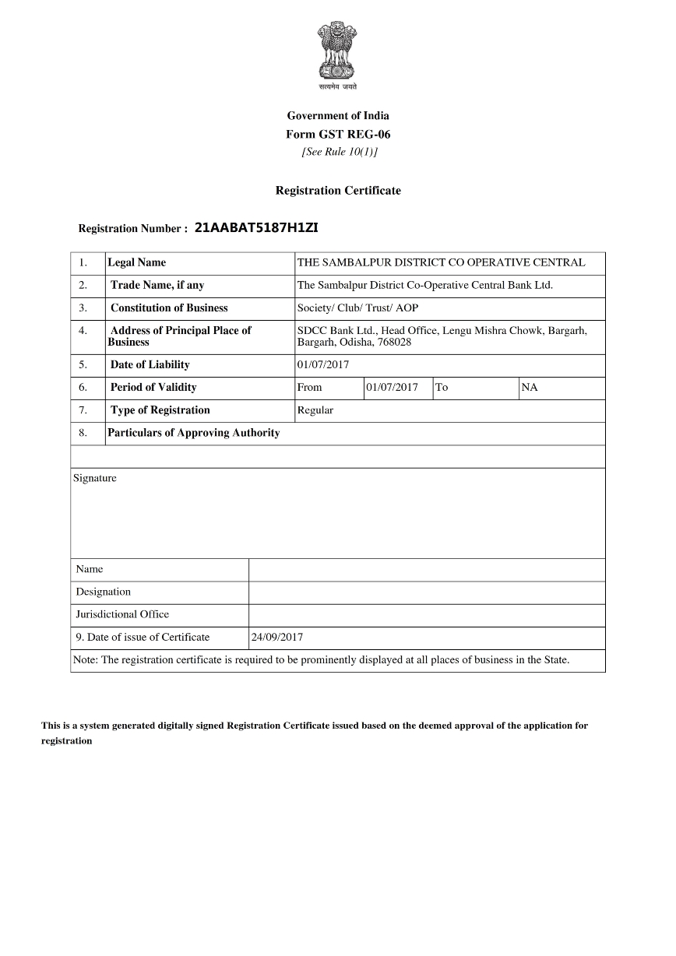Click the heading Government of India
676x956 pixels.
click(338, 116)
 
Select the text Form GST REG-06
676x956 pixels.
click(338, 134)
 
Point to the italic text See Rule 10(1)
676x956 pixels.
click(339, 152)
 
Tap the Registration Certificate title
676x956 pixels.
click(338, 191)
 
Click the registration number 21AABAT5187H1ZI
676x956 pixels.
click(256, 228)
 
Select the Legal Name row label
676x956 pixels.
click(137, 263)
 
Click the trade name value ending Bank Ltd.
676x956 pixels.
click(425, 286)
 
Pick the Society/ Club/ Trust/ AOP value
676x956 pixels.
click(357, 308)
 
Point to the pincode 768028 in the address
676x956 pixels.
click(395, 343)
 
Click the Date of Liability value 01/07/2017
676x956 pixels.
click(323, 365)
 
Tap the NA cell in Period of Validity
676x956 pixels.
click(530, 388)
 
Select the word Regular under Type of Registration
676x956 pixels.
click(315, 410)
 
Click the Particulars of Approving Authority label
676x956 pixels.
click(194, 433)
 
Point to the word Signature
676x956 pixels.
click(95, 478)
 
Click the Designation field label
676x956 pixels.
click(104, 592)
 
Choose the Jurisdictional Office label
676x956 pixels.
click(122, 615)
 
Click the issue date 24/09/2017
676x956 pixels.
click(276, 638)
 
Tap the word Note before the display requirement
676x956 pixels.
click(84, 660)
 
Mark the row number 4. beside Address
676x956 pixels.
click(83, 331)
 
